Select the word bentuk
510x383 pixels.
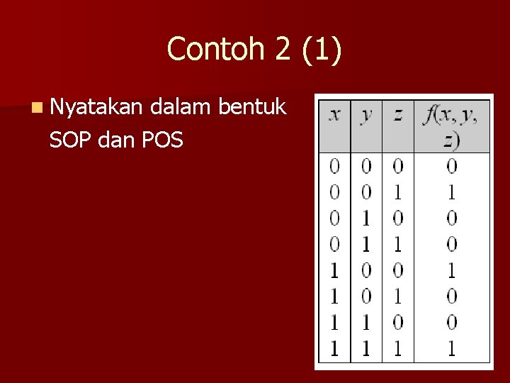[253, 108]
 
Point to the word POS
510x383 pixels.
[162, 140]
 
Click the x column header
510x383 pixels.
[334, 114]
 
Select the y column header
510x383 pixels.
[366, 114]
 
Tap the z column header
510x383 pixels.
[397, 114]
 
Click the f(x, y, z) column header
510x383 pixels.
[450, 126]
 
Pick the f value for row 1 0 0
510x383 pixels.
[451, 270]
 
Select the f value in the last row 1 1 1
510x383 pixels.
[451, 348]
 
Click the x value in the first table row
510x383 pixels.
[334, 166]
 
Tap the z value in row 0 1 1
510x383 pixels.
[397, 244]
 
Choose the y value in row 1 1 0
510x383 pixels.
[366, 322]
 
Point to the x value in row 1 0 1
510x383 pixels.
[334, 296]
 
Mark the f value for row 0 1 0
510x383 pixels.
[451, 218]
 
